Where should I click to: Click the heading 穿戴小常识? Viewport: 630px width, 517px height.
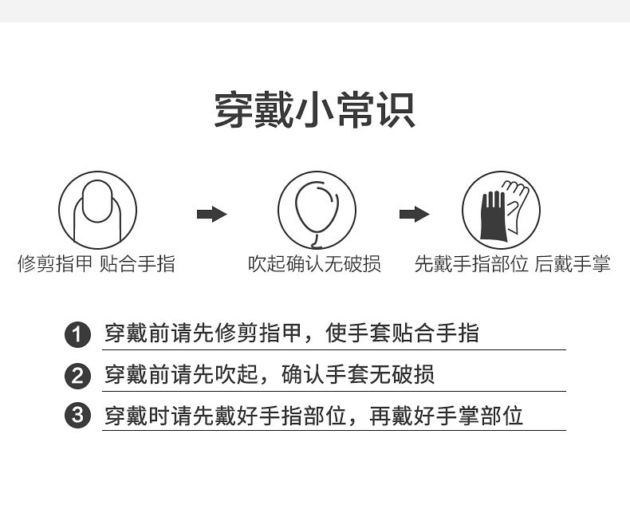point(314,110)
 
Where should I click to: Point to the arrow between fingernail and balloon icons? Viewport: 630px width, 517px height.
point(211,214)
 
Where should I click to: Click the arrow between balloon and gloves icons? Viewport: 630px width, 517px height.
point(414,214)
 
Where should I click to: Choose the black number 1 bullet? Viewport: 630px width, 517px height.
point(77,334)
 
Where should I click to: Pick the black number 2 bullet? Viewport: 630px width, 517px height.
point(77,375)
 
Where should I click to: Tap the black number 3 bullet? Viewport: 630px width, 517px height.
point(77,416)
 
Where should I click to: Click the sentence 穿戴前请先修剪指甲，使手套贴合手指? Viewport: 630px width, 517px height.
point(292,333)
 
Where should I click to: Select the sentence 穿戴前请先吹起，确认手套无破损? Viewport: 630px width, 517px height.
point(270,374)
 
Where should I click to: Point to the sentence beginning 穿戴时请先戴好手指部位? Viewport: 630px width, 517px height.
point(314,416)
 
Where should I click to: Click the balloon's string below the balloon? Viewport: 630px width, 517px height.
point(316,238)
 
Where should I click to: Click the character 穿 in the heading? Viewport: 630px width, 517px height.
point(234,110)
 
